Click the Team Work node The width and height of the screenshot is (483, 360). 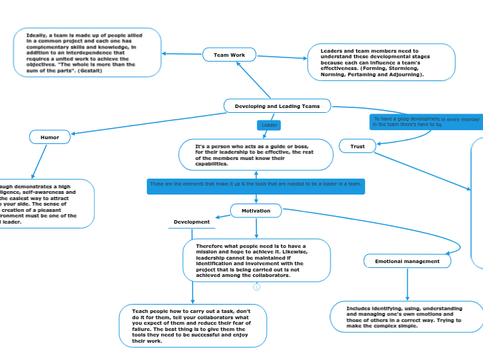[229, 55]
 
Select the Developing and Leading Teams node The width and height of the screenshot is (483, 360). [277, 106]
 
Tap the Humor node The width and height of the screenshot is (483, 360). [50, 137]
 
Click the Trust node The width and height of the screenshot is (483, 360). [357, 146]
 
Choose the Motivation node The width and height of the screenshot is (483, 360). [256, 210]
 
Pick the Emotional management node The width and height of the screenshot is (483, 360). [407, 261]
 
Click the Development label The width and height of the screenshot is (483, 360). [192, 222]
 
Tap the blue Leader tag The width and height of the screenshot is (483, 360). [269, 125]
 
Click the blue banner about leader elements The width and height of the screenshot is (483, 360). [256, 184]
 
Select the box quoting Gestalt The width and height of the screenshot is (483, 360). [87, 53]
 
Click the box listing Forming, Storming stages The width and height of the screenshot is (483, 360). [381, 62]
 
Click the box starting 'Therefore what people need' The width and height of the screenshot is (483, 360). [256, 260]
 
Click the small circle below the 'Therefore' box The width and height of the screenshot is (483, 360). [256, 287]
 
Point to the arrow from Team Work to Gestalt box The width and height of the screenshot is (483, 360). [182, 54]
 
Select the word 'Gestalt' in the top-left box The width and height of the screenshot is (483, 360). [90, 71]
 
